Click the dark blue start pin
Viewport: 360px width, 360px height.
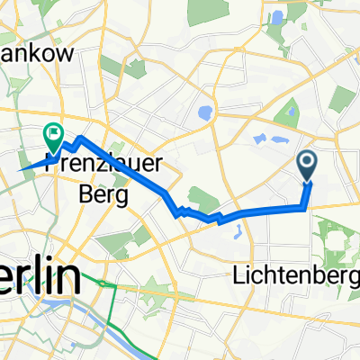coord(307,164)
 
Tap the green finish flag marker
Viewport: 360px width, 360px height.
coord(52,137)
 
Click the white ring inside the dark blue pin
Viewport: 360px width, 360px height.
coord(307,161)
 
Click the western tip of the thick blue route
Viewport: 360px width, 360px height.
coord(21,168)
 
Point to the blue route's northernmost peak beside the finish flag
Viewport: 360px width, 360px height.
coord(80,138)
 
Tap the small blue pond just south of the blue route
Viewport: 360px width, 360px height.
coord(238,232)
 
